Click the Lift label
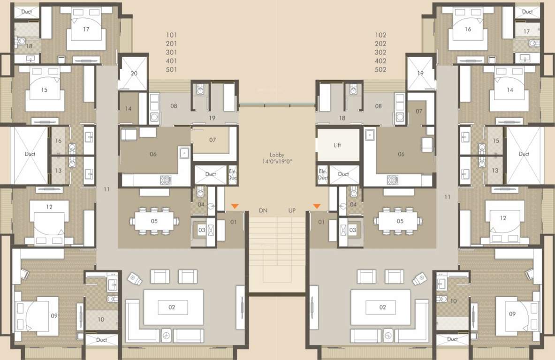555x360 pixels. click(337, 145)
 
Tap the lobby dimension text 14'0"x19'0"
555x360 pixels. click(277, 162)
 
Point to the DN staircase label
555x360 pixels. click(263, 210)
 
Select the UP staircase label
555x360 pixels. click(292, 210)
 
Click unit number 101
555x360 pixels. click(171, 35)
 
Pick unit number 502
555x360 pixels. click(380, 70)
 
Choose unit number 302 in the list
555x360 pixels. click(380, 52)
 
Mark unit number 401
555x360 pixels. click(171, 61)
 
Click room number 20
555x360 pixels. click(134, 74)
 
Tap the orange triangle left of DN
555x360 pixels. click(235, 206)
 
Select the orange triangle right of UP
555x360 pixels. click(317, 206)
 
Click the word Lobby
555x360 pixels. click(277, 155)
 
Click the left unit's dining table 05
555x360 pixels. click(154, 221)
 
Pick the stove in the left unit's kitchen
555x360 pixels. click(165, 180)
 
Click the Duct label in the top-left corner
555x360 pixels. click(27, 12)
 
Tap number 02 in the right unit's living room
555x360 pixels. click(383, 307)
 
